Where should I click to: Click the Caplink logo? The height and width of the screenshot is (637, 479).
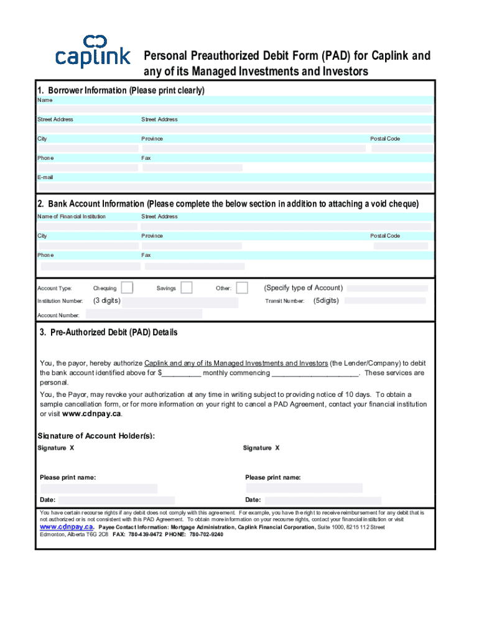click(93, 52)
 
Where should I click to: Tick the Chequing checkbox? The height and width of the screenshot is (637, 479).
click(127, 287)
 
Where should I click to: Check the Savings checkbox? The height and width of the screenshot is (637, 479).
click(186, 287)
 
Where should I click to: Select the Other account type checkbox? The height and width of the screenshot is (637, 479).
click(242, 287)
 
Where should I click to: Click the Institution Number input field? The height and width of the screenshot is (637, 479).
click(180, 302)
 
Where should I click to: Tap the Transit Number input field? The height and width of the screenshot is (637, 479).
click(385, 300)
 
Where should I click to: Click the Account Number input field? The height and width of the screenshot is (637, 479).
click(142, 314)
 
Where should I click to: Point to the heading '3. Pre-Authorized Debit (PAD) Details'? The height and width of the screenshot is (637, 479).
click(109, 332)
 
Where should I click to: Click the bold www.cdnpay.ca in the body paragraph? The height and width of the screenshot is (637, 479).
click(92, 414)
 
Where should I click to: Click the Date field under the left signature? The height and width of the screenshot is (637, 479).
click(116, 500)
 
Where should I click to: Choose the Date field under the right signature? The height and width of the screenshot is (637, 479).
click(323, 500)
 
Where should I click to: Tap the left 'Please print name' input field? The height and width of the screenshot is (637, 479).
click(98, 488)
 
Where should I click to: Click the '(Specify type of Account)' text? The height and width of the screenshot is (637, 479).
click(303, 287)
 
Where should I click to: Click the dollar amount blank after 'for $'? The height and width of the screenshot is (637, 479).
click(182, 373)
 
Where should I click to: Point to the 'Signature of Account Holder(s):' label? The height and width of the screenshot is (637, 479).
click(96, 435)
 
